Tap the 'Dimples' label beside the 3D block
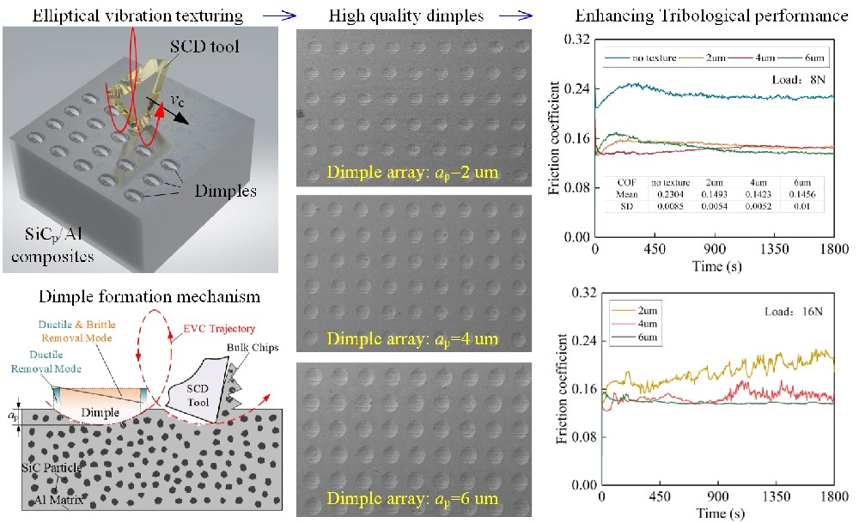[224, 192]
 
